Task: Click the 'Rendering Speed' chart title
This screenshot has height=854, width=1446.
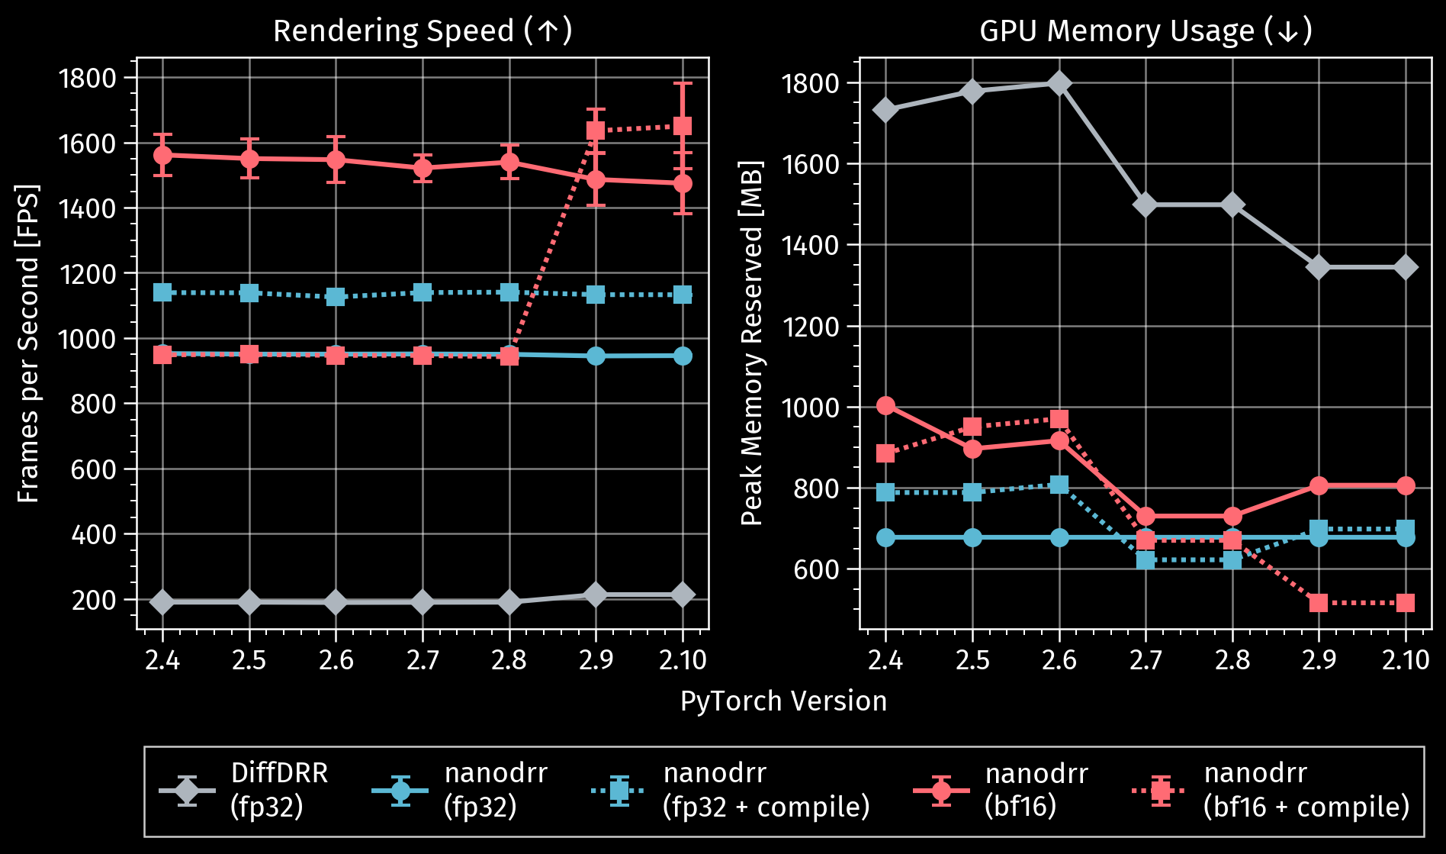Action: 422,31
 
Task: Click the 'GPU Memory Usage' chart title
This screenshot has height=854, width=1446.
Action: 1145,31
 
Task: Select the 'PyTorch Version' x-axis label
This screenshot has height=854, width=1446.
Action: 783,701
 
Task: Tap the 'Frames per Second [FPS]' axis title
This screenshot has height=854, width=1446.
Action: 28,343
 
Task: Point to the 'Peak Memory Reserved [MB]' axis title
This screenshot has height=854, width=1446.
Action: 752,343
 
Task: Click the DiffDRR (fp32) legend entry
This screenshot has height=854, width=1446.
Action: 243,790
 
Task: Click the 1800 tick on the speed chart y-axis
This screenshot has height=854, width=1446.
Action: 87,78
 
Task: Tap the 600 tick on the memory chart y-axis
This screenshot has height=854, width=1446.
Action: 815,569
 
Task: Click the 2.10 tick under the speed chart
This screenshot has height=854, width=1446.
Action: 683,659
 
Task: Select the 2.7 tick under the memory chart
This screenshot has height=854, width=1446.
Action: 1146,659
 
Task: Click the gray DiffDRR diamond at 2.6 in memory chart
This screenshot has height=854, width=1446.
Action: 1059,83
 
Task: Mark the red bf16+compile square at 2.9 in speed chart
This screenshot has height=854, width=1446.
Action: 596,131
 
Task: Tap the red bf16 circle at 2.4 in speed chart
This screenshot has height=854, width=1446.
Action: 162,155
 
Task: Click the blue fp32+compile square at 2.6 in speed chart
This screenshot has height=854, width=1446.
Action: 336,297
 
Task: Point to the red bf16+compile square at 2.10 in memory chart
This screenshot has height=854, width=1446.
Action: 1406,603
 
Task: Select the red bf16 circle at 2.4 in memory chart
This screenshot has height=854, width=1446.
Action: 885,405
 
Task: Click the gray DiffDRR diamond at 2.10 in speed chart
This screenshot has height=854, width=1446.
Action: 683,595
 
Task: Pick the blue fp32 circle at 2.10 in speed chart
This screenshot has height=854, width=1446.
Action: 683,356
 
